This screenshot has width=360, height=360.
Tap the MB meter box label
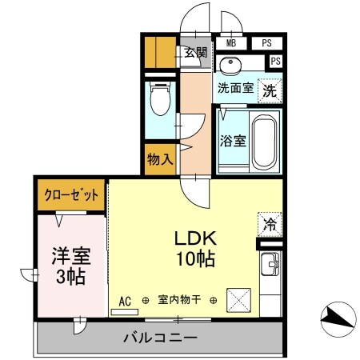(x=231, y=44)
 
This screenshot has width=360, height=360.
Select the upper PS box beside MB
(x=266, y=44)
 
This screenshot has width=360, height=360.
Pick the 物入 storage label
(x=160, y=159)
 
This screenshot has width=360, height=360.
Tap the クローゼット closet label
(x=72, y=194)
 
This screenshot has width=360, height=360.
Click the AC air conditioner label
(x=125, y=301)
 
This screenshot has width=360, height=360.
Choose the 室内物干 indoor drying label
(x=179, y=301)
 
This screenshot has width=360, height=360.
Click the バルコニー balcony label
(x=160, y=338)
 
